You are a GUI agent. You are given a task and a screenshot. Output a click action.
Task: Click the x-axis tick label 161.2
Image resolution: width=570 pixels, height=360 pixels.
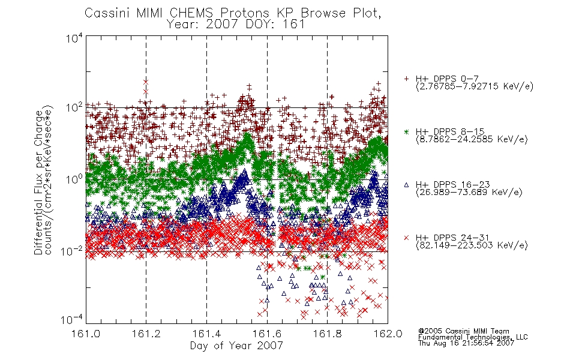[146, 334]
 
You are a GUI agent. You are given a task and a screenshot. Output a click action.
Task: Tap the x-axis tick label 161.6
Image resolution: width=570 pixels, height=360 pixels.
[267, 334]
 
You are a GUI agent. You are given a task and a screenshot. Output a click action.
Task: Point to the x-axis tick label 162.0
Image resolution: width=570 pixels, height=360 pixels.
[388, 334]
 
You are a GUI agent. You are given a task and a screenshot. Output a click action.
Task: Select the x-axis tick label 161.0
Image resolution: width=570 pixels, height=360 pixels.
[86, 334]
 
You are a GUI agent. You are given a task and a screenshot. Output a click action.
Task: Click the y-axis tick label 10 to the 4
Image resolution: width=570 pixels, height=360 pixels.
[74, 38]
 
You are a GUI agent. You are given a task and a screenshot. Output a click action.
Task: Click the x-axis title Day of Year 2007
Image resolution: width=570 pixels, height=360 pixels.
[236, 346]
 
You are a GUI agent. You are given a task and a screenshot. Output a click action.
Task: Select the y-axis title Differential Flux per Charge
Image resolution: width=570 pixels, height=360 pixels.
[38, 182]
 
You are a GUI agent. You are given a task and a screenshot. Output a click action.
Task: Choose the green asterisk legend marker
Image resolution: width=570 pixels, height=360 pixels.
[406, 131]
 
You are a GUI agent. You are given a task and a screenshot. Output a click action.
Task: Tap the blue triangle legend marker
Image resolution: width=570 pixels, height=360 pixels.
[406, 185]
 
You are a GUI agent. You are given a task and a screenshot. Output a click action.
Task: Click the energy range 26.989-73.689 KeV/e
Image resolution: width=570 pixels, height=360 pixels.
[469, 192]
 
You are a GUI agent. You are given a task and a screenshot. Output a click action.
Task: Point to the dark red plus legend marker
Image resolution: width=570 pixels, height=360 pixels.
[406, 79]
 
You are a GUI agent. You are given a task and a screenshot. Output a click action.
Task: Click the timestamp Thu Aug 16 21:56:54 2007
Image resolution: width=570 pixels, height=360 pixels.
[466, 343]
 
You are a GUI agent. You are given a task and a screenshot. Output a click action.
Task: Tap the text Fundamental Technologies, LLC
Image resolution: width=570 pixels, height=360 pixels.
[473, 337]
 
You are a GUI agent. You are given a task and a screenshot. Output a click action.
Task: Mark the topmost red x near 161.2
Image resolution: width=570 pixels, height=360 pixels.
[146, 82]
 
